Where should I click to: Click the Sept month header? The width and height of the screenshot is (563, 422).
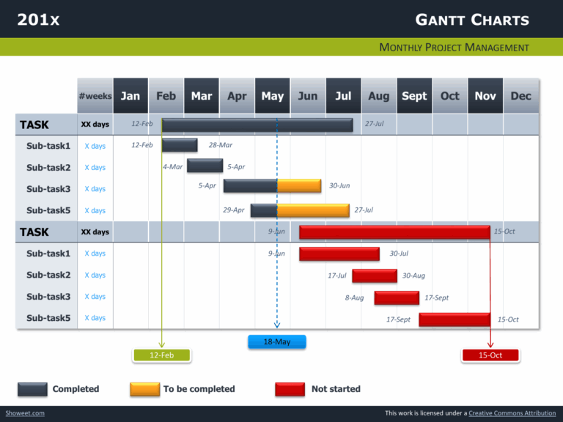[x=414, y=96]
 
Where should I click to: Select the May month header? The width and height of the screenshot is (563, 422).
[x=272, y=96]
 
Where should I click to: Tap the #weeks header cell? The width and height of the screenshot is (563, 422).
[x=95, y=96]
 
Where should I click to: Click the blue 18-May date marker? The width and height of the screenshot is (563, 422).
[x=276, y=341]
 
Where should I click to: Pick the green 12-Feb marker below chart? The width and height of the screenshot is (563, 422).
[x=161, y=355]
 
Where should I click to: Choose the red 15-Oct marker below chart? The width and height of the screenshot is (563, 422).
[x=490, y=355]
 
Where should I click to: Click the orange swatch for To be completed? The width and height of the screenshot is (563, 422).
[x=144, y=389]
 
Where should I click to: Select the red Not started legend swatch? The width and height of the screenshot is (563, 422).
[x=290, y=389]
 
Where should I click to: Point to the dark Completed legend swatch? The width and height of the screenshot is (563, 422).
[x=32, y=389]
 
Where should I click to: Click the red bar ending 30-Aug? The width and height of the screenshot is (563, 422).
[x=375, y=275]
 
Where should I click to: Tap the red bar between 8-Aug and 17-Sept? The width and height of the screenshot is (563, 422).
[x=397, y=297]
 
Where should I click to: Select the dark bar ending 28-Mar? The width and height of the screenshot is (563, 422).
[x=180, y=145]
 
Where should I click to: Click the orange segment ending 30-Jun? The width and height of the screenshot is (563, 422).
[x=299, y=185]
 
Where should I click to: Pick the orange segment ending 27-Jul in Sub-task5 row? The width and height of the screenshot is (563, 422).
[x=313, y=210]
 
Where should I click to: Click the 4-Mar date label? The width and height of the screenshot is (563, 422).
[x=173, y=167]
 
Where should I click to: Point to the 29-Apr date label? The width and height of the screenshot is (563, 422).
[x=233, y=210]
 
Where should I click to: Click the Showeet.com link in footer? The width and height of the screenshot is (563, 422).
[x=24, y=413]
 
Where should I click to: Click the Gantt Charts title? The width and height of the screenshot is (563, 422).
[x=471, y=20]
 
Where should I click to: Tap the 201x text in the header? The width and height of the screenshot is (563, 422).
[x=38, y=20]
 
